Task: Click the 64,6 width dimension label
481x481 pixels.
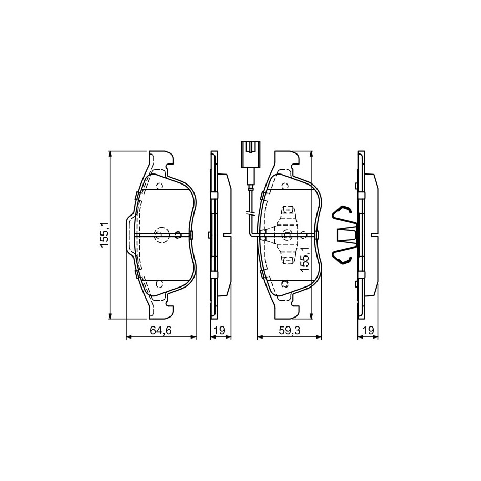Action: pos(160,330)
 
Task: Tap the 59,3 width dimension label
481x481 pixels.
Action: pos(289,330)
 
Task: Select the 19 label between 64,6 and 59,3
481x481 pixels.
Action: pos(220,330)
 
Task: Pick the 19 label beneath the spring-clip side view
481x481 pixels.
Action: pos(368,330)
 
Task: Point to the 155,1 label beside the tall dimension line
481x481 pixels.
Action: pos(104,234)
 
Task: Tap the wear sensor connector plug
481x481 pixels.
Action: pos(251,155)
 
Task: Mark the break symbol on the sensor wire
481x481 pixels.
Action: pos(251,213)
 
